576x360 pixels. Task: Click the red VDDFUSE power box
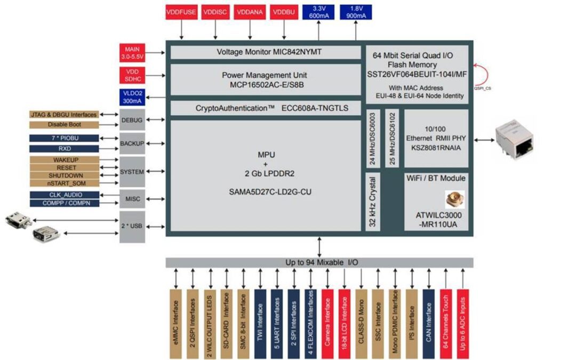tap(182, 12)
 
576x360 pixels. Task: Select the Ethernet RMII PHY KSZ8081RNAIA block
tap(436, 138)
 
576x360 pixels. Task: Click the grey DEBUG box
tap(132, 120)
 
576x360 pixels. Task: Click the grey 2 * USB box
tap(132, 226)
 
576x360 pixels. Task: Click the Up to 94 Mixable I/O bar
tap(319, 262)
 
